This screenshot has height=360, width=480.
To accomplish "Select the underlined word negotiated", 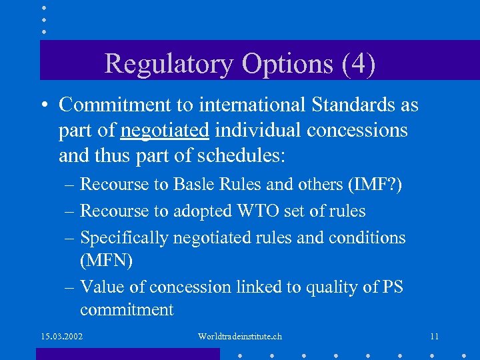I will pyautogui.click(x=165, y=130).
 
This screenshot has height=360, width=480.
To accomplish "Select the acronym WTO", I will pyautogui.click(x=252, y=211).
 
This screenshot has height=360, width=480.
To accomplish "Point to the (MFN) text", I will pyautogui.click(x=107, y=260).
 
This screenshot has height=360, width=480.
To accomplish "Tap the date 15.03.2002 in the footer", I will pyautogui.click(x=61, y=336).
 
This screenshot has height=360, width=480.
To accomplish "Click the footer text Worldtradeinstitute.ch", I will pyautogui.click(x=240, y=336).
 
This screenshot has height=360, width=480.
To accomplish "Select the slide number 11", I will pyautogui.click(x=434, y=336).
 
